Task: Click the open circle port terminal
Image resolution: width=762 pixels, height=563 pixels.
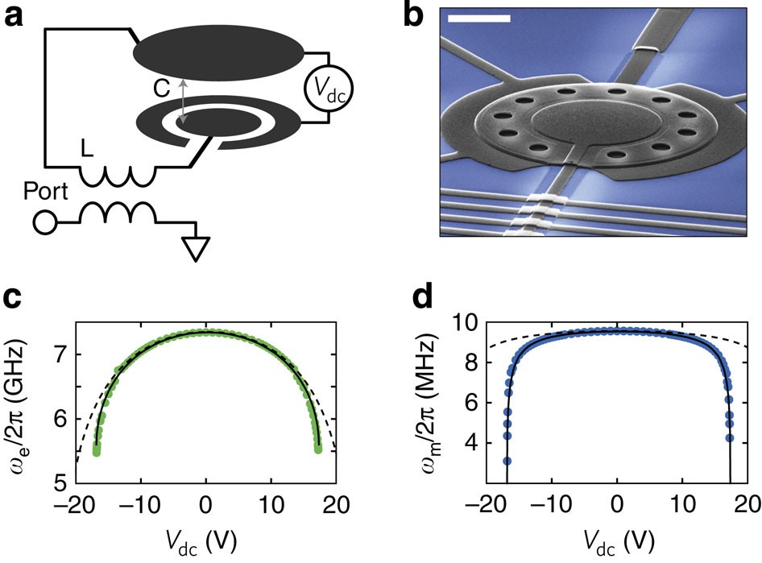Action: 45,221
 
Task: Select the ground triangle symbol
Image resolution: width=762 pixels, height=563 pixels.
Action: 194,249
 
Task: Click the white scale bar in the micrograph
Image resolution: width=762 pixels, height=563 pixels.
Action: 478,17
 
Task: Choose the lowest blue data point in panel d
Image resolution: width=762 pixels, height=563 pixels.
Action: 507,461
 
